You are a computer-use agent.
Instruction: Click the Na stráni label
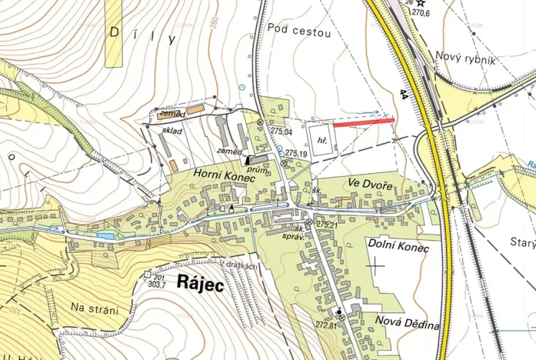tap(95, 310)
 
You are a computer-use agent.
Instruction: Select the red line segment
tap(364, 122)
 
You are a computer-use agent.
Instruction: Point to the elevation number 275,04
tap(282, 132)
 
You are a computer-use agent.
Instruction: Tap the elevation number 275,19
tap(295, 155)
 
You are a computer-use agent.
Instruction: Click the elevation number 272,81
tap(326, 325)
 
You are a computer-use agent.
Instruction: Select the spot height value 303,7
tap(158, 284)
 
